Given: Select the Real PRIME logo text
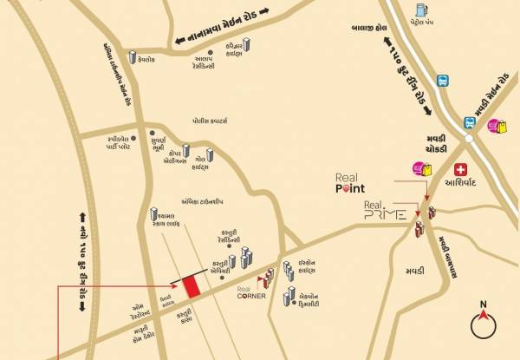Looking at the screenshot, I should click(381, 212).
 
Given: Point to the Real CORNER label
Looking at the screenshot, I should click(250, 292).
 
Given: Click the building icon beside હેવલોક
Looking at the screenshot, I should click(133, 58).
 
